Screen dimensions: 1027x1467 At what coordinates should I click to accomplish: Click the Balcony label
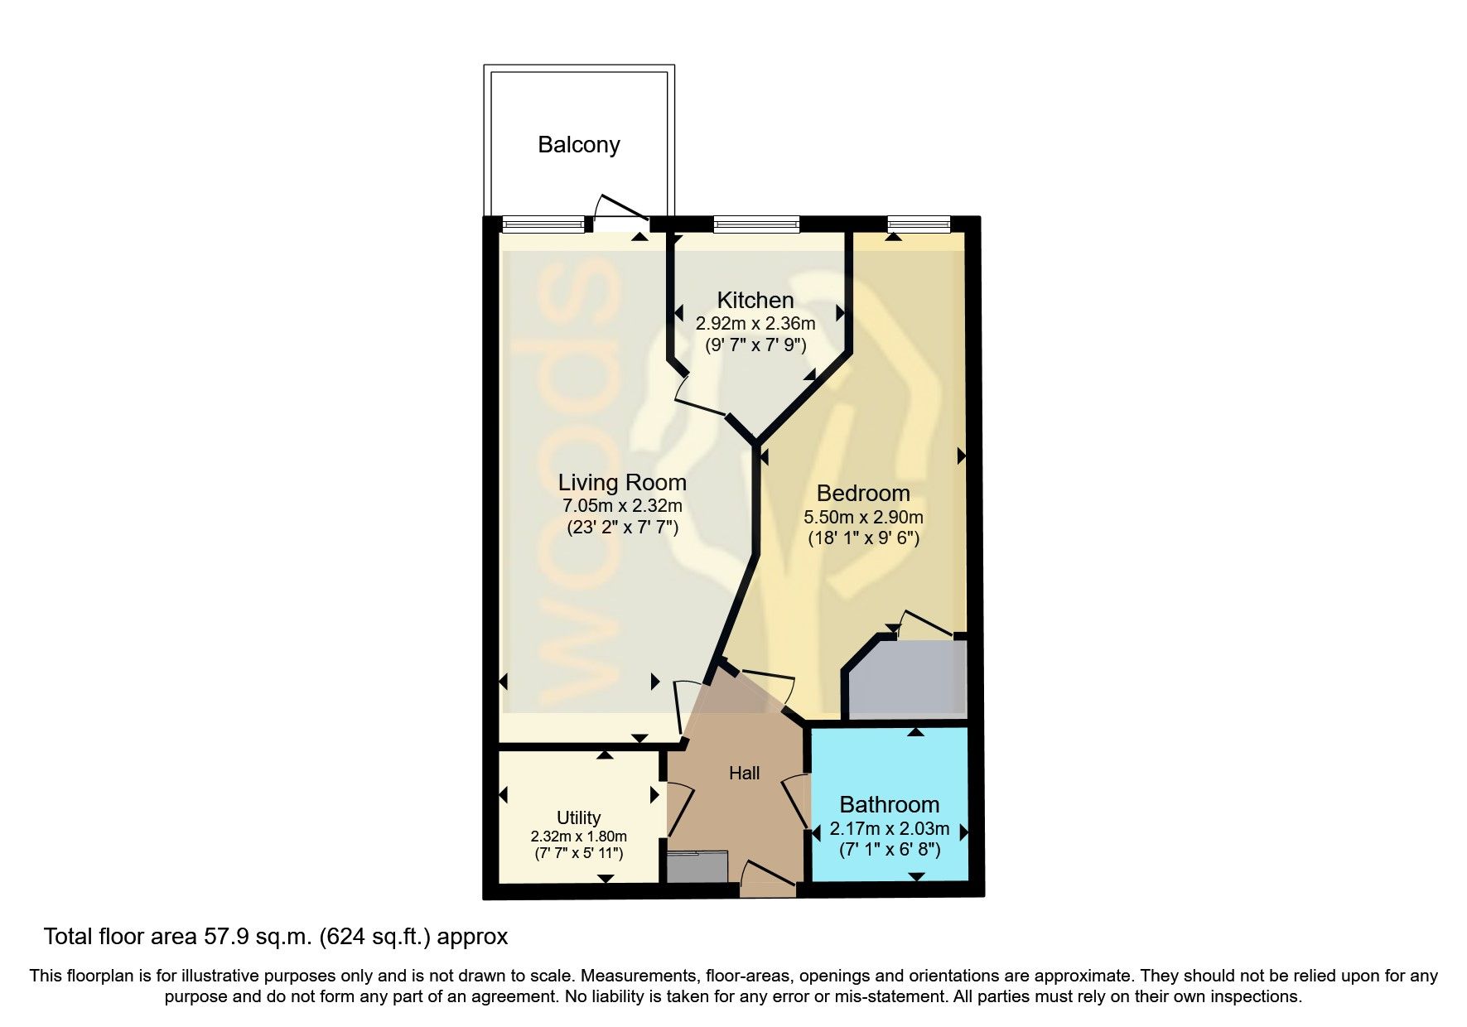(578, 145)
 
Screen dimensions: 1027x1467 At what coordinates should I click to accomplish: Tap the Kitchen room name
(755, 300)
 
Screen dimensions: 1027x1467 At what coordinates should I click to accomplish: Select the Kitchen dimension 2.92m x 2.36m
(755, 324)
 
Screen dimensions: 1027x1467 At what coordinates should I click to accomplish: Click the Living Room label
(621, 482)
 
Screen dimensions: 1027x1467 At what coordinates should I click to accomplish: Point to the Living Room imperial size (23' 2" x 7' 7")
(622, 527)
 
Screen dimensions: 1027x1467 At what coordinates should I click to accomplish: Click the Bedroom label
(863, 494)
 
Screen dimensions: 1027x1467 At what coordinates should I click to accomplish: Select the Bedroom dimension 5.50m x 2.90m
(863, 517)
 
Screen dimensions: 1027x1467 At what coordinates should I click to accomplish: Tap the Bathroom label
(889, 804)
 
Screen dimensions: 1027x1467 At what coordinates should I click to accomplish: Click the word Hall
(744, 774)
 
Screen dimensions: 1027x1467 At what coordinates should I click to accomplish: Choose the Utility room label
(578, 818)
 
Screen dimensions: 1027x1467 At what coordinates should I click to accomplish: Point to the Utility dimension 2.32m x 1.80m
(578, 837)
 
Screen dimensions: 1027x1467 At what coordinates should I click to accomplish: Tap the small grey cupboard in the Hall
(697, 867)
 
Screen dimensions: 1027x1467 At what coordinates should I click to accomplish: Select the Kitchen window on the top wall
(755, 223)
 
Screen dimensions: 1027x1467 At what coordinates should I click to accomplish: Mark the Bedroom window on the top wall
(917, 223)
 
